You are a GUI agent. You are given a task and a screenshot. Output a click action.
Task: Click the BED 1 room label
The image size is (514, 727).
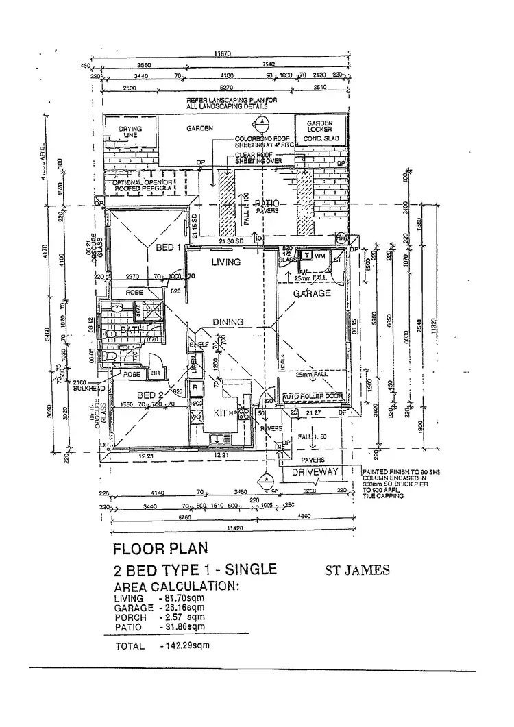click(x=168, y=247)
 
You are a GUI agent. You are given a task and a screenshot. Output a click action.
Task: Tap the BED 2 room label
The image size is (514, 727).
click(x=150, y=395)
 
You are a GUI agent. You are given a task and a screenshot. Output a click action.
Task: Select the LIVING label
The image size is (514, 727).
click(x=225, y=262)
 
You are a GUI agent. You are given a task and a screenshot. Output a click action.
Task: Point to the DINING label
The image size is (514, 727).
click(x=228, y=321)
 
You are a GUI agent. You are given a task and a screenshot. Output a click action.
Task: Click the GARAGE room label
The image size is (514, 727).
click(x=313, y=293)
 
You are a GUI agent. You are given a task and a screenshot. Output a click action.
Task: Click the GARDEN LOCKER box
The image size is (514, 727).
click(x=319, y=131)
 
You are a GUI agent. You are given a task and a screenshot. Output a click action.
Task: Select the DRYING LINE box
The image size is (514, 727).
click(x=130, y=132)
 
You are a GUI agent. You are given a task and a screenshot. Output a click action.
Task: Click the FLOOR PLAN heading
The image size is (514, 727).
click(x=159, y=548)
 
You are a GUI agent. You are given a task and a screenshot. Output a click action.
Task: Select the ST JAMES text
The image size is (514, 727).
click(x=357, y=570)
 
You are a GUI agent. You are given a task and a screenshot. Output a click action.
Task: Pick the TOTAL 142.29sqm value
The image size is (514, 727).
click(x=184, y=645)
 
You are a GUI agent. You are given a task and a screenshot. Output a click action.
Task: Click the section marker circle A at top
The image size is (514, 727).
click(x=261, y=123)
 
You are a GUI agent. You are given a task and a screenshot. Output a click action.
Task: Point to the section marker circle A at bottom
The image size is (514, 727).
click(x=264, y=480)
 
